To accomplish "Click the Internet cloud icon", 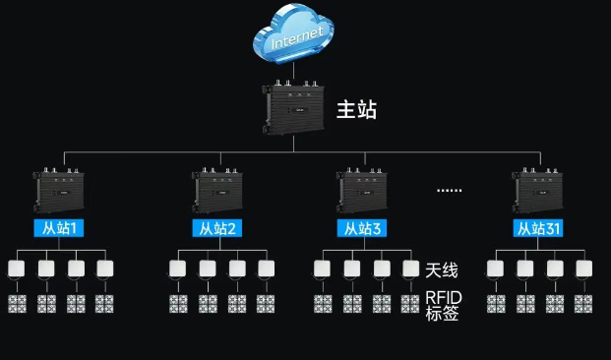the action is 293,33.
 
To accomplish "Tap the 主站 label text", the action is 356,109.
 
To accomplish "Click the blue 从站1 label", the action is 59,228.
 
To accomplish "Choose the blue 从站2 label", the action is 217,228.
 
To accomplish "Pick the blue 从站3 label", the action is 362,228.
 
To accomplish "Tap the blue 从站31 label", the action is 538,228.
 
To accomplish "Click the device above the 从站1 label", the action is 59,190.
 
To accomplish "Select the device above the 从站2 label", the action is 217,190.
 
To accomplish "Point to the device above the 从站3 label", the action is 362,190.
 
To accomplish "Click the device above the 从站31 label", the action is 538,190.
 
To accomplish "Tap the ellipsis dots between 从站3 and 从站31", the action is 450,191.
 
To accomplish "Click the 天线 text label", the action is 442,270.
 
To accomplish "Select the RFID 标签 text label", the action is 443,306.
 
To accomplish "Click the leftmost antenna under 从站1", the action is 17,269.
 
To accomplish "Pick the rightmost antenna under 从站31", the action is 584,269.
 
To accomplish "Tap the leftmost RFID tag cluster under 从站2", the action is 178,304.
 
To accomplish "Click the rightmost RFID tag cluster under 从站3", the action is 410,304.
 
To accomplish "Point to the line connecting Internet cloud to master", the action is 293,72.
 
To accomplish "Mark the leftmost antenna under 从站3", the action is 323,269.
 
